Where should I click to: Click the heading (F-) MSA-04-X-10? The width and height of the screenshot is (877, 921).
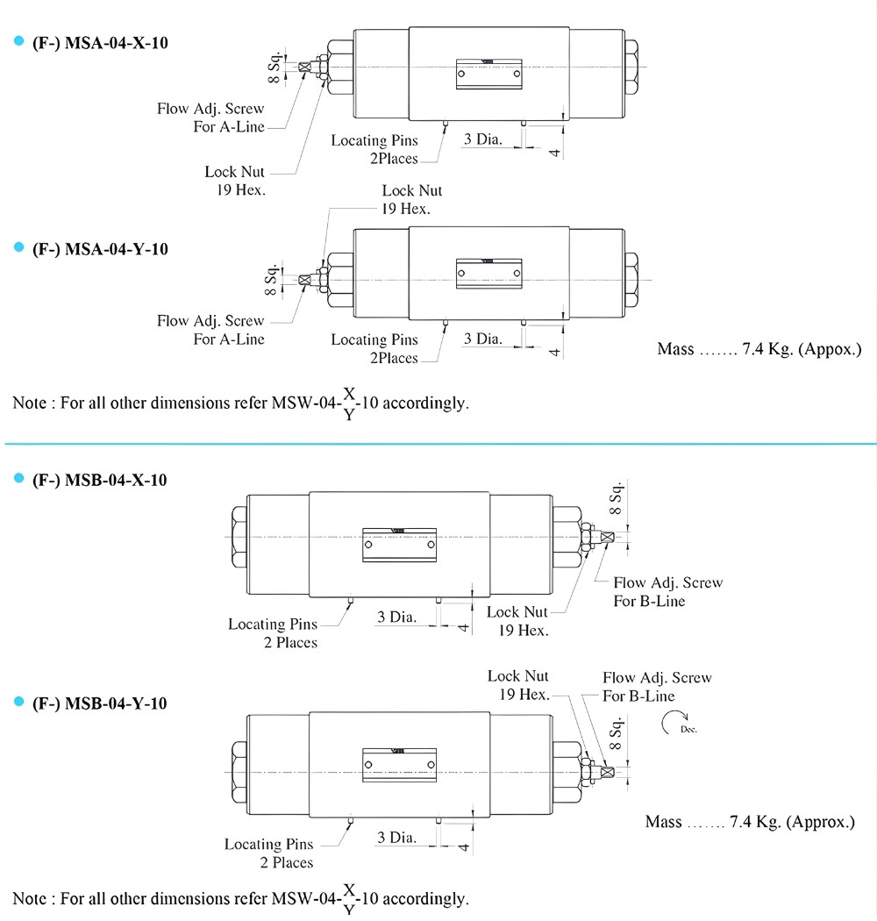pos(99,43)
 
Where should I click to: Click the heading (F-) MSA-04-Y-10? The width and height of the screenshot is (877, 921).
pos(99,249)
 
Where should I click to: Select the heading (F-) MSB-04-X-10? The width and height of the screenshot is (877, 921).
pos(99,480)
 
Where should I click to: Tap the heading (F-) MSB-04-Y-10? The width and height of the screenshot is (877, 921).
pos(99,703)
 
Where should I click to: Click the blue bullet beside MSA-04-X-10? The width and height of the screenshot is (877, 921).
pos(18,42)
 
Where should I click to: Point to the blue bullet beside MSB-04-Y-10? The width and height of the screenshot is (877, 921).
pos(18,703)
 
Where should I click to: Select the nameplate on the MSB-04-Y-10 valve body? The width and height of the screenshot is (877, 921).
pos(400,765)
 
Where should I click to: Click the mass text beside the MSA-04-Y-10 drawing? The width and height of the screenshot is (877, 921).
pos(759,350)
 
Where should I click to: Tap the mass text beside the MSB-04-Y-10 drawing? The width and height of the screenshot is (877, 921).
pos(749,822)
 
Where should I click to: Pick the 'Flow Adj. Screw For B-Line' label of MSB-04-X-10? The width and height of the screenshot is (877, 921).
pos(667,592)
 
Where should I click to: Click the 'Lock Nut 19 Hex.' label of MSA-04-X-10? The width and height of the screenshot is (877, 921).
pos(235,181)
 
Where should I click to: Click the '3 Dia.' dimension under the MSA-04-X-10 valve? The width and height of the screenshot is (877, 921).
pos(482,139)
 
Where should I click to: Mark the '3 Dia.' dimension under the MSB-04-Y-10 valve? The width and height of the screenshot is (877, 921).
pos(396,838)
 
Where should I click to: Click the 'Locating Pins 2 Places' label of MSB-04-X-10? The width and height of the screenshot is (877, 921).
pos(272,633)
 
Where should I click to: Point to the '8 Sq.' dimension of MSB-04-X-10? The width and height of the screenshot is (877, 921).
pos(617,497)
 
